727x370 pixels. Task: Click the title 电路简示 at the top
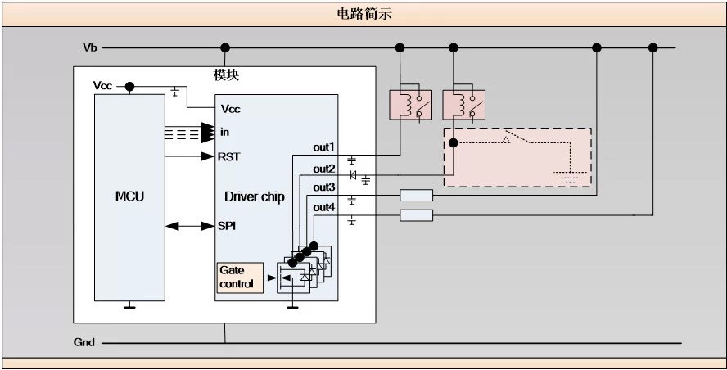pos(363,13)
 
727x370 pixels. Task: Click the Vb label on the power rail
pos(90,47)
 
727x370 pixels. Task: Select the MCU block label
pos(129,197)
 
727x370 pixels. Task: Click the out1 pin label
pos(324,147)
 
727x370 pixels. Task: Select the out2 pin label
pos(324,169)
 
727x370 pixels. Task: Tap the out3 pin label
pos(324,187)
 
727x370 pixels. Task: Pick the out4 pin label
pos(324,207)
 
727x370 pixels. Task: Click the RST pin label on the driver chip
pos(229,156)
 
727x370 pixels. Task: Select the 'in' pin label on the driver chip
pos(224,132)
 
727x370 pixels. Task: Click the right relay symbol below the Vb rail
pos(459,104)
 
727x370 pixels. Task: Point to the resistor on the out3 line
pos(416,196)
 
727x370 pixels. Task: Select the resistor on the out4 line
pos(416,215)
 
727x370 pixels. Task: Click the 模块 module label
pos(226,75)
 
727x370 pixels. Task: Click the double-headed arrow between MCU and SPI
pos(189,225)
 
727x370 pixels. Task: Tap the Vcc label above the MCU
pos(103,85)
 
